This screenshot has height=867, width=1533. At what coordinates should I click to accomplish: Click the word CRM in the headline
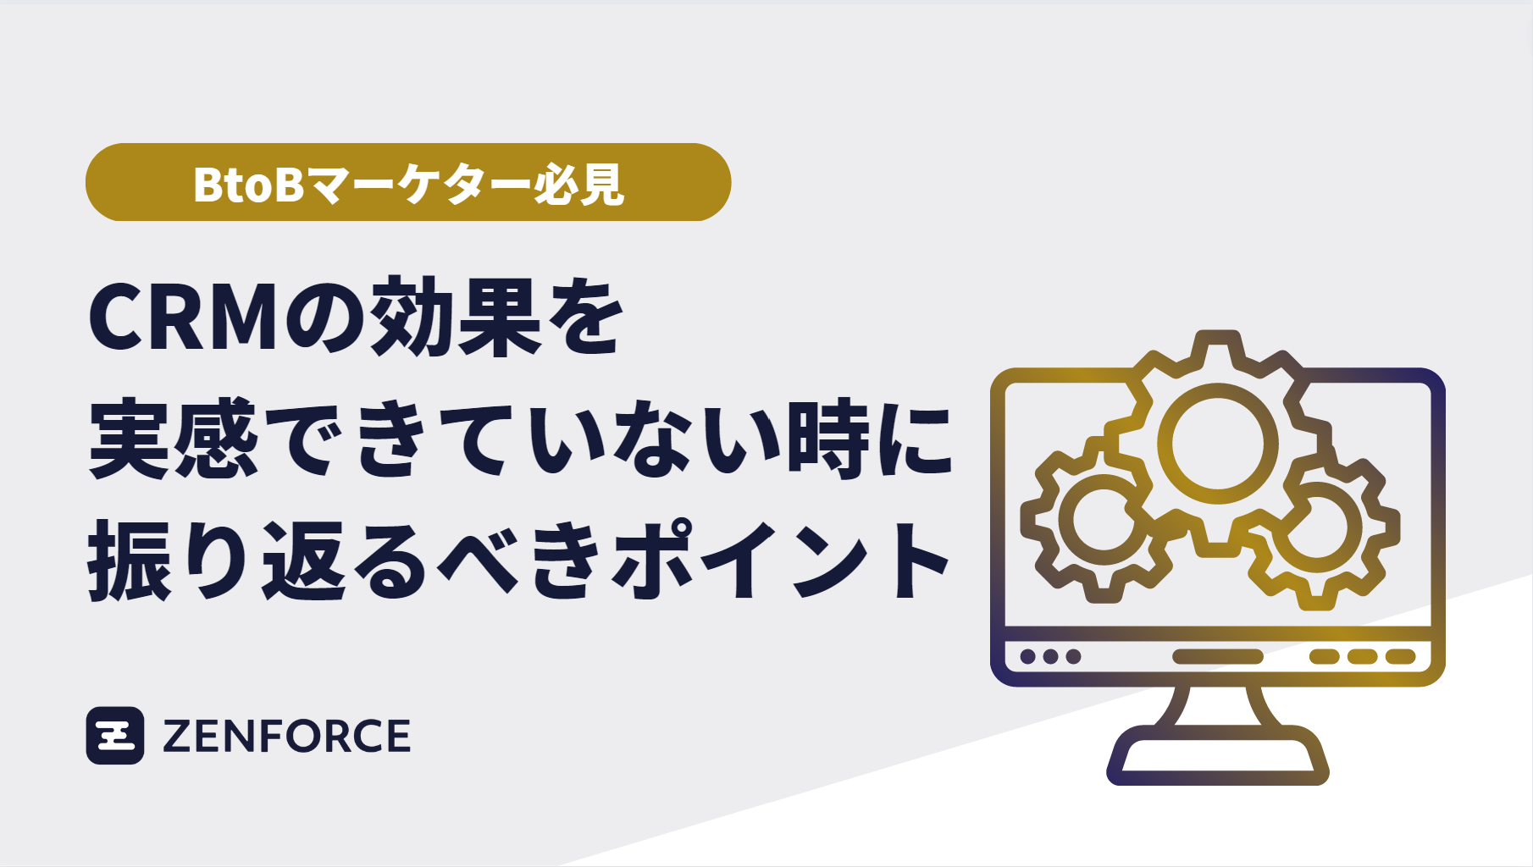[184, 317]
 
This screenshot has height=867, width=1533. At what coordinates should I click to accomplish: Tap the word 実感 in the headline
[173, 440]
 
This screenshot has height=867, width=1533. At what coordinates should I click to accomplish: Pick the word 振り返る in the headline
[258, 561]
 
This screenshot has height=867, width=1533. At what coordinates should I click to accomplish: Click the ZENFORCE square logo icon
[115, 735]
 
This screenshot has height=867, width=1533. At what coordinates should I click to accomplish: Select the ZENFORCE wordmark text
[286, 736]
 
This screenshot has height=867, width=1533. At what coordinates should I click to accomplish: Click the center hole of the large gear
[1217, 443]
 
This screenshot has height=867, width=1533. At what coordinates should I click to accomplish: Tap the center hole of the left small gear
[1103, 517]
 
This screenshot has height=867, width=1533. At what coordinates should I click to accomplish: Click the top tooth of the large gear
[1217, 342]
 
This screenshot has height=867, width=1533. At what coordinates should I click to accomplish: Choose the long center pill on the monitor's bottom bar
[1217, 656]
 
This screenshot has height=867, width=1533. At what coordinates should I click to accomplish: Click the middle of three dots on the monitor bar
[1050, 656]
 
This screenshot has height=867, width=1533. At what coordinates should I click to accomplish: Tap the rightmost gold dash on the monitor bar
[1400, 656]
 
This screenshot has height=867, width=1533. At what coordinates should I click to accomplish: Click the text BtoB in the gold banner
[248, 184]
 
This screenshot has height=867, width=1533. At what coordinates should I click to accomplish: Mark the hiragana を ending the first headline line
[584, 317]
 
